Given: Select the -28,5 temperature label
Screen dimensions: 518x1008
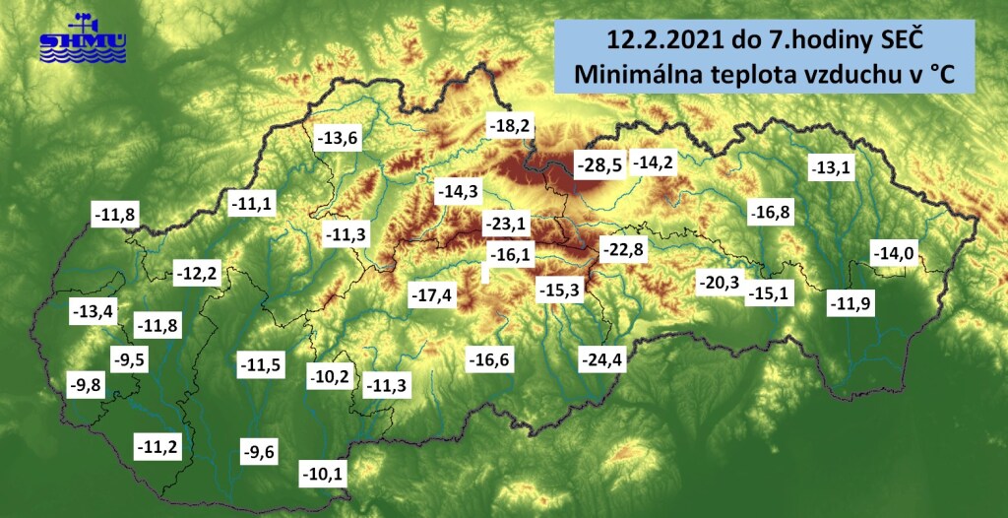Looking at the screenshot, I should tap(598, 164).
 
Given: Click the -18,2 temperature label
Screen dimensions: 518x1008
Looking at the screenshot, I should tap(512, 126).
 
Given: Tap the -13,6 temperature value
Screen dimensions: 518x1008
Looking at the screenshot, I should tap(338, 138).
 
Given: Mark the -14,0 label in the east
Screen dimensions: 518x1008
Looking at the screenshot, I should tap(895, 254).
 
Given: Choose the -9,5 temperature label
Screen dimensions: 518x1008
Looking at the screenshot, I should tap(129, 359).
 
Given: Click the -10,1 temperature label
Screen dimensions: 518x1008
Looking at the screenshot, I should tap(322, 476).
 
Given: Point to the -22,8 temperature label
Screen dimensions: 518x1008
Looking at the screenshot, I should tap(623, 248).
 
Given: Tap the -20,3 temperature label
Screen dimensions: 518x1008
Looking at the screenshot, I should tap(718, 284).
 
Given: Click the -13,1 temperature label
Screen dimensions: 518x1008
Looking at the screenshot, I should tap(829, 168).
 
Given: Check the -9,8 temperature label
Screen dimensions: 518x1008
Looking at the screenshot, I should tap(85, 384).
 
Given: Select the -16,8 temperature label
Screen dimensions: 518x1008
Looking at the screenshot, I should tap(771, 212).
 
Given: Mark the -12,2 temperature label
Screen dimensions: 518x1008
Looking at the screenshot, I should tap(196, 273).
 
